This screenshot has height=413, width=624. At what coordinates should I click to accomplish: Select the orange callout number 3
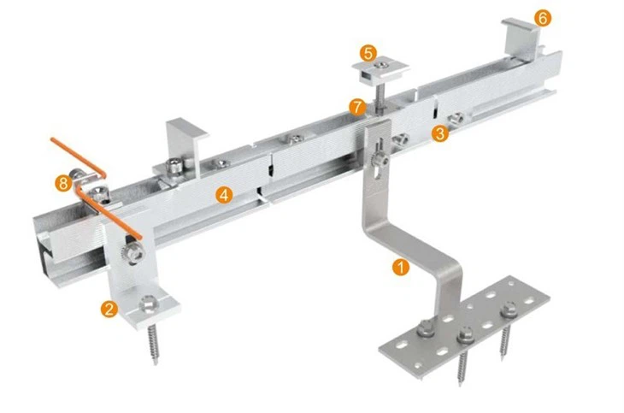click(439, 133)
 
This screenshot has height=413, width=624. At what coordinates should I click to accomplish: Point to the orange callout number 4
click(223, 195)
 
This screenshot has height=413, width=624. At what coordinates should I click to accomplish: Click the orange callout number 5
click(368, 53)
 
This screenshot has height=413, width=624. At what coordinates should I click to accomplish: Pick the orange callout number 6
click(543, 17)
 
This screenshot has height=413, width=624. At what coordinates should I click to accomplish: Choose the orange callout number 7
click(358, 107)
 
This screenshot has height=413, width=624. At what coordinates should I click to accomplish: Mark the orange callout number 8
click(62, 182)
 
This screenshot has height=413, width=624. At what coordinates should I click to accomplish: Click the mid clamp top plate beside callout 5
click(380, 67)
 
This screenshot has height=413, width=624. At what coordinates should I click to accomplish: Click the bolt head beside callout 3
click(459, 118)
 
